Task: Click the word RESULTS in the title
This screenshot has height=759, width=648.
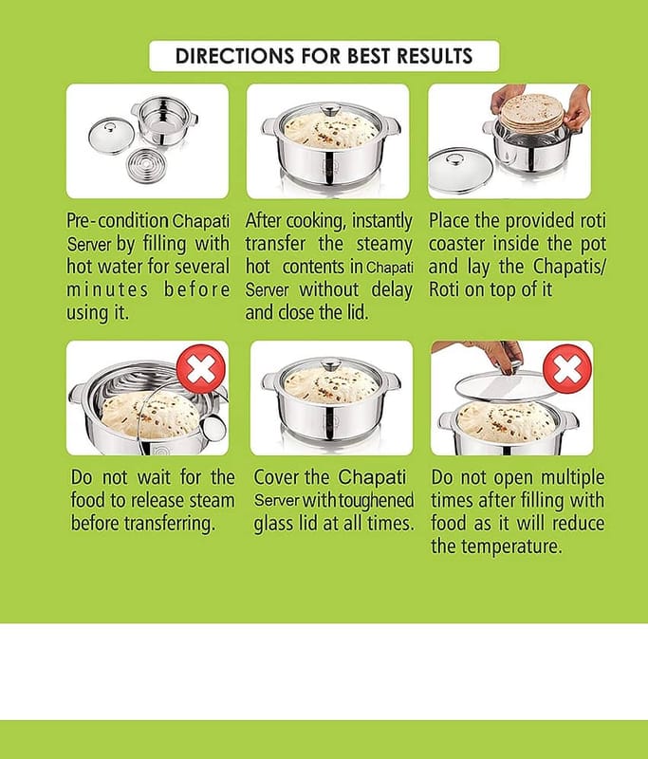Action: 435,56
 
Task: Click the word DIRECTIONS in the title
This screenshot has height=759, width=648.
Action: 235,56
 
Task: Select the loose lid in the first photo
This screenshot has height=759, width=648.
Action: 109,136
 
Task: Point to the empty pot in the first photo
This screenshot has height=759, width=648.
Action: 164,121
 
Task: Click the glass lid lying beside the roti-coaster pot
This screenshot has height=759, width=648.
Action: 460,172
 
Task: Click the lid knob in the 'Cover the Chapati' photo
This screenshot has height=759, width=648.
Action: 332,364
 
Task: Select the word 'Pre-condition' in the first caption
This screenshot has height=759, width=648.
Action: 118,221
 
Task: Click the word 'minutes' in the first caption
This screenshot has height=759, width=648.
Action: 107,290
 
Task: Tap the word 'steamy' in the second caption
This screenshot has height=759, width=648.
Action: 384,245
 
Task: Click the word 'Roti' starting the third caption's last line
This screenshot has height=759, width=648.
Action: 444,289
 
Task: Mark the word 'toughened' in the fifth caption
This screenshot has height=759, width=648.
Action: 376,501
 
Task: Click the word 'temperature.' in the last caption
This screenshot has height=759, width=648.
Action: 511,547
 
